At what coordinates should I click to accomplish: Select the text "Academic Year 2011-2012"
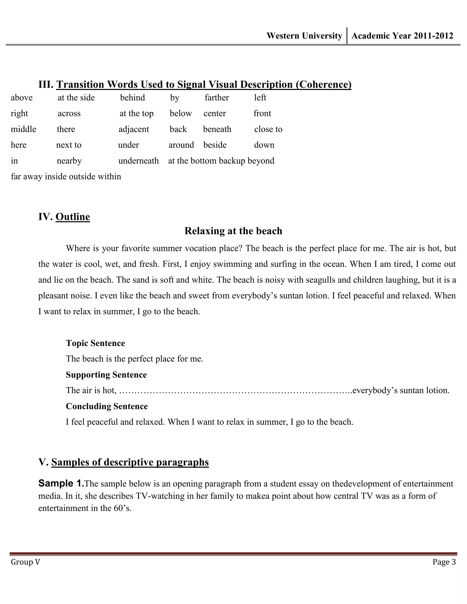[x=402, y=36]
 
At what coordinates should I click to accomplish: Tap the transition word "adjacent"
[x=134, y=129]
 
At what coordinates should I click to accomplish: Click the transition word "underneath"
[x=138, y=161]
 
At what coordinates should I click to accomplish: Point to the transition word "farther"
[x=217, y=98]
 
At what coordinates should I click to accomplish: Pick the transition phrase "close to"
[x=268, y=129]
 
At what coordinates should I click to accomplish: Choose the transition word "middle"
[x=23, y=129]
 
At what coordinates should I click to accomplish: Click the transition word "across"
[x=69, y=113]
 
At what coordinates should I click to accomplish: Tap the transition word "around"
[x=181, y=145]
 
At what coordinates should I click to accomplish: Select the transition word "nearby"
[x=69, y=161]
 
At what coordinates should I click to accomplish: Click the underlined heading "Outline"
[x=73, y=217]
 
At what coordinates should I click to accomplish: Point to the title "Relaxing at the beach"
[x=233, y=231]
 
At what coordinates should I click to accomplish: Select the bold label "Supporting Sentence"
[x=106, y=375]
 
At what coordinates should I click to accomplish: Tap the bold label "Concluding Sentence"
[x=107, y=406]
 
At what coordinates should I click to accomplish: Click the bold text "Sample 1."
[x=61, y=483]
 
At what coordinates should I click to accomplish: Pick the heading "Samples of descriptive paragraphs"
[x=130, y=462]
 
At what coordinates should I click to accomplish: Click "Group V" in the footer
[x=26, y=562]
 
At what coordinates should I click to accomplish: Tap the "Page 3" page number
[x=444, y=562]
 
